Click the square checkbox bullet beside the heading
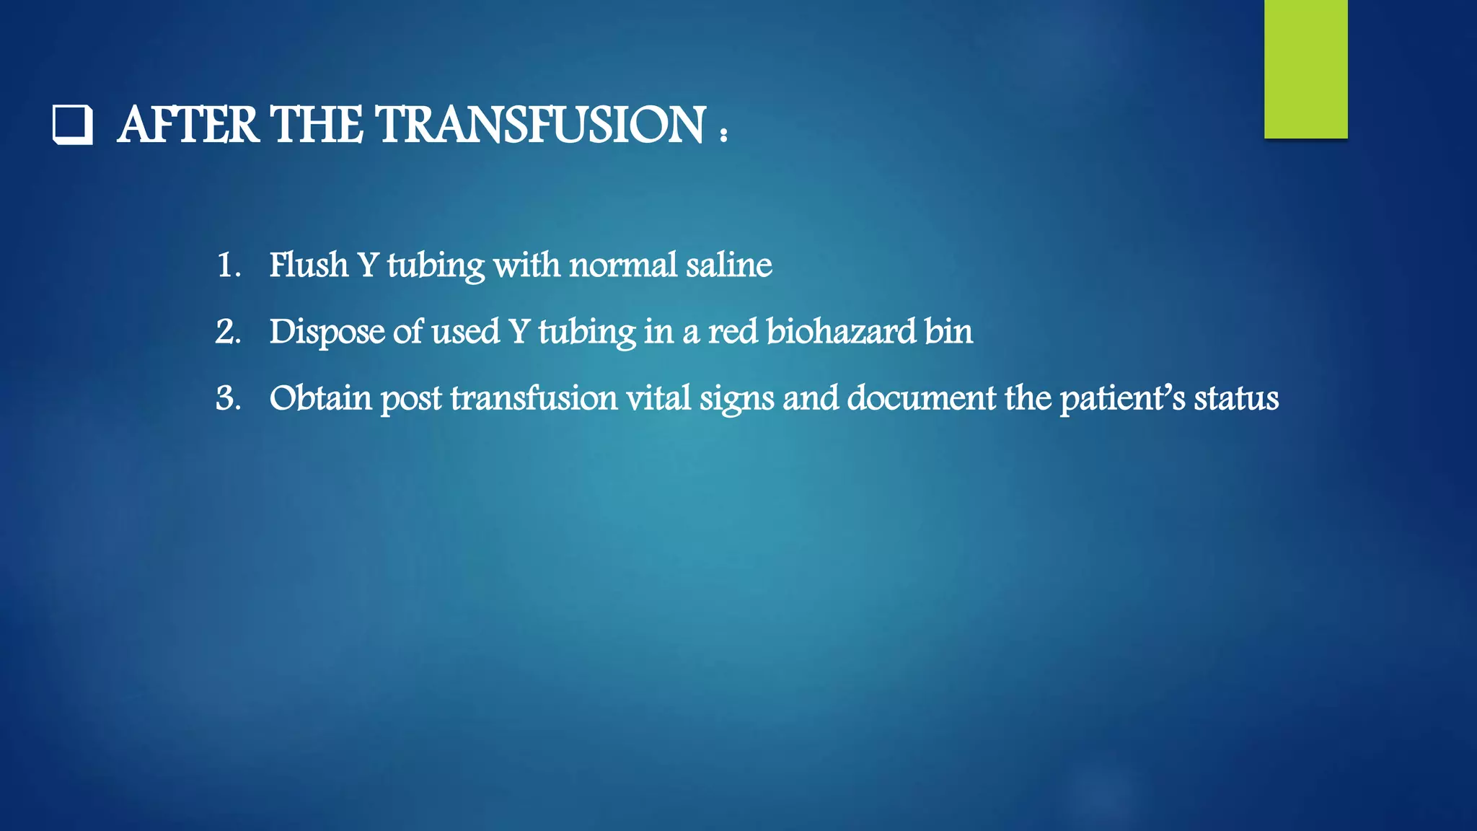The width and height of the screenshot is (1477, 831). coord(73,125)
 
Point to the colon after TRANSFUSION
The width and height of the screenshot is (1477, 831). coord(723,132)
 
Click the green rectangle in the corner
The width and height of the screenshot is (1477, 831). coord(1305,69)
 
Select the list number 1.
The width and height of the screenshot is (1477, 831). coord(227,265)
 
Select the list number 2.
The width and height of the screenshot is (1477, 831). coord(228,332)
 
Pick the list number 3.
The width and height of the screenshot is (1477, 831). coord(228,398)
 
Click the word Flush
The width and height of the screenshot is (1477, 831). coord(309,265)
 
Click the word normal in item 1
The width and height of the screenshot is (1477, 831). coord(623,265)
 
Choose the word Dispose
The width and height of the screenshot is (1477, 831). coord(327,332)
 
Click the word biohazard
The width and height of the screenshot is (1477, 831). coord(841,332)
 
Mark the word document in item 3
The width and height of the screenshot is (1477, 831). coord(921,398)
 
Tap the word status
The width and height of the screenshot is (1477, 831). coord(1236,398)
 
